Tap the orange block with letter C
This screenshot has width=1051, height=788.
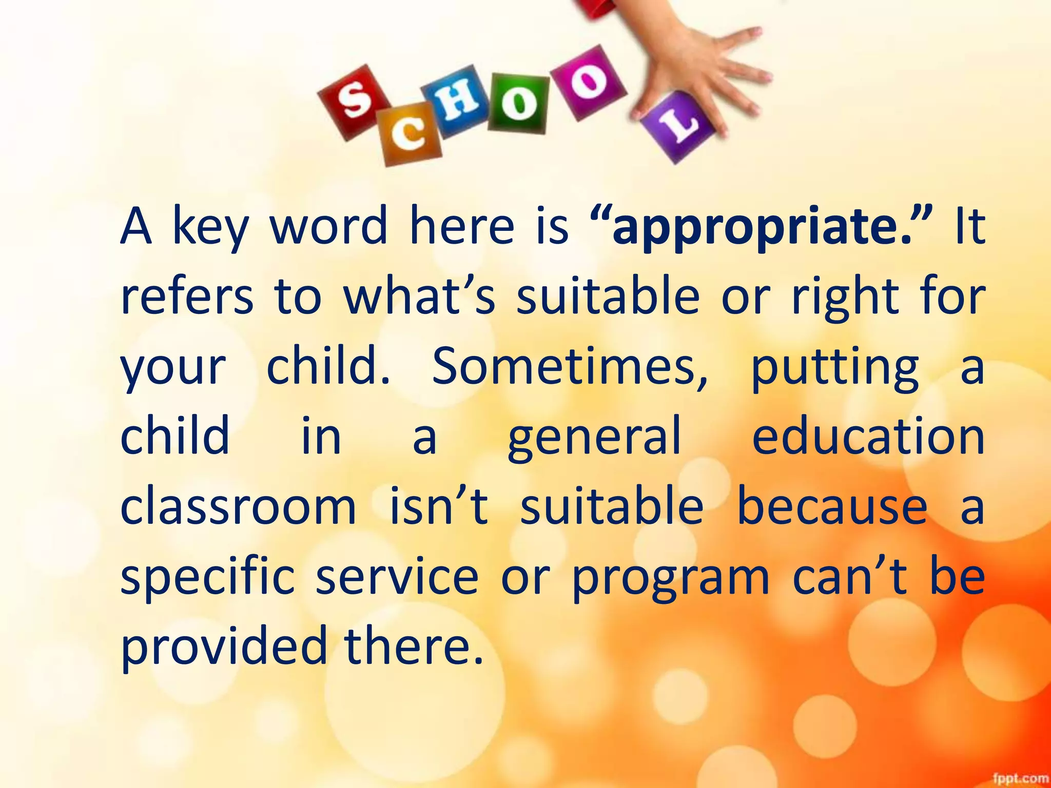pos(410,134)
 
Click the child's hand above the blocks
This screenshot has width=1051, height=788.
pos(703,67)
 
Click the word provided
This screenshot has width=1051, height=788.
pos(224,646)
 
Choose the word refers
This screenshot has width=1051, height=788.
pos(187,298)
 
